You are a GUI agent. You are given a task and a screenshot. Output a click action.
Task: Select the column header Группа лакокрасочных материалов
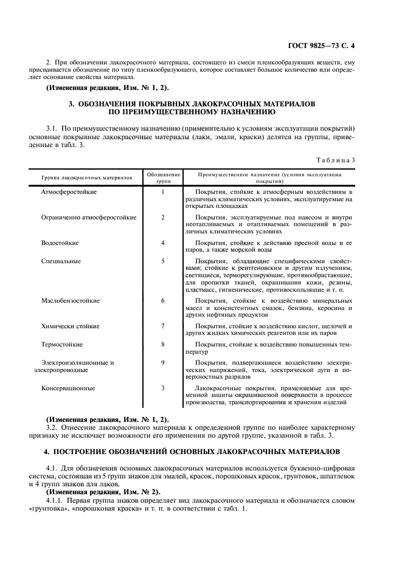click(86, 178)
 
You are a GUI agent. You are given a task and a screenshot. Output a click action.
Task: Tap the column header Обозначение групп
click(163, 178)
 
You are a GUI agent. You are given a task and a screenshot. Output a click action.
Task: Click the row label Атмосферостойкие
click(68, 192)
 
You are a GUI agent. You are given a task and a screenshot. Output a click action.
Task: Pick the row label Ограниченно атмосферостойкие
click(88, 217)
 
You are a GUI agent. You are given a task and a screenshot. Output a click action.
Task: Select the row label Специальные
click(61, 261)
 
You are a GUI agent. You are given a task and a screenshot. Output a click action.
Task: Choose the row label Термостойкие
click(61, 344)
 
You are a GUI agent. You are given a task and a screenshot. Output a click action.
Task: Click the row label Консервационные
click(68, 387)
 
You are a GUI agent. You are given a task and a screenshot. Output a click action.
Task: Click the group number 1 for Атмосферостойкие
click(163, 192)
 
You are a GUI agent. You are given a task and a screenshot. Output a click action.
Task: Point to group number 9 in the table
click(163, 362)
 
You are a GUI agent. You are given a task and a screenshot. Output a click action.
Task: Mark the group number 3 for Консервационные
click(163, 387)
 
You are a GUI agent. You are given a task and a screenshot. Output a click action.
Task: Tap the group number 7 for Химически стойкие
click(163, 326)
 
